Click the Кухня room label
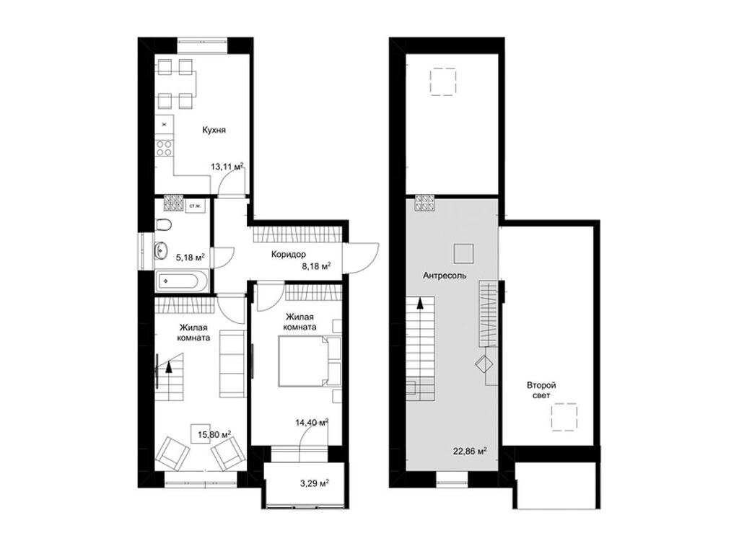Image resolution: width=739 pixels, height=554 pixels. click(x=214, y=131)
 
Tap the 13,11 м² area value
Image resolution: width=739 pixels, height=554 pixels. click(x=227, y=167)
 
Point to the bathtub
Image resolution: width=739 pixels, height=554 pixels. click(x=183, y=279)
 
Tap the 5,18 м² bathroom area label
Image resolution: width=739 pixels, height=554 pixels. click(x=190, y=256)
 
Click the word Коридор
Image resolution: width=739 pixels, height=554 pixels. click(x=289, y=254)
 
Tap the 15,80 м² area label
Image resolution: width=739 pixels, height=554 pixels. click(x=215, y=434)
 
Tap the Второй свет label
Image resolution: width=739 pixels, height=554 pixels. click(x=541, y=391)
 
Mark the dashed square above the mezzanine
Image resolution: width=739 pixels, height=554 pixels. click(x=442, y=81)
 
